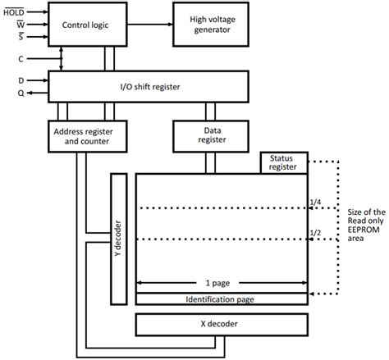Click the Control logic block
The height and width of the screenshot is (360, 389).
(x=85, y=25)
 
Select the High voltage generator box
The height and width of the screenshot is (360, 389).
(x=211, y=25)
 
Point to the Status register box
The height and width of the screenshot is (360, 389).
(x=283, y=163)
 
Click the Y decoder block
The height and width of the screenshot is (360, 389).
(x=121, y=237)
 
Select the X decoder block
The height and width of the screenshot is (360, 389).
(x=222, y=326)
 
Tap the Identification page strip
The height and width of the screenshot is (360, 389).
(x=222, y=299)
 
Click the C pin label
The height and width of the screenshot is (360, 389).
(x=21, y=60)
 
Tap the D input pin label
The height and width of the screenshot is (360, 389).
(x=21, y=80)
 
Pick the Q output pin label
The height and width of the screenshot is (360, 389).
(x=21, y=93)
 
